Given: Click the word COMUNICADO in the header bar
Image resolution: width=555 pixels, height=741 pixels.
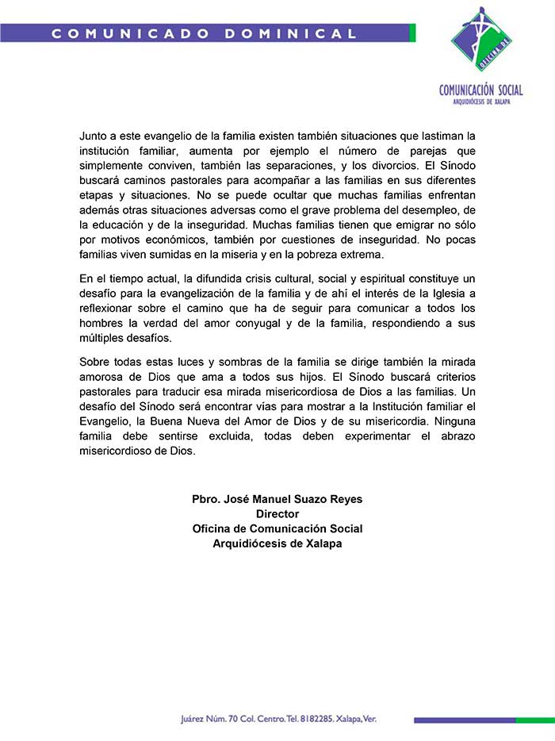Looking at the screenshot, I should click(x=131, y=33).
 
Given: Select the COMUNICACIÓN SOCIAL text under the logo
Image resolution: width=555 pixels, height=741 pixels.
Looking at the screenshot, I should click(x=480, y=90).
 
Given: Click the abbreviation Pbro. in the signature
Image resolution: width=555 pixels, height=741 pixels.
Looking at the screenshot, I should click(x=208, y=499).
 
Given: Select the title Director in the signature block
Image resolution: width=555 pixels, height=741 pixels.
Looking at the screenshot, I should click(x=277, y=514).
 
